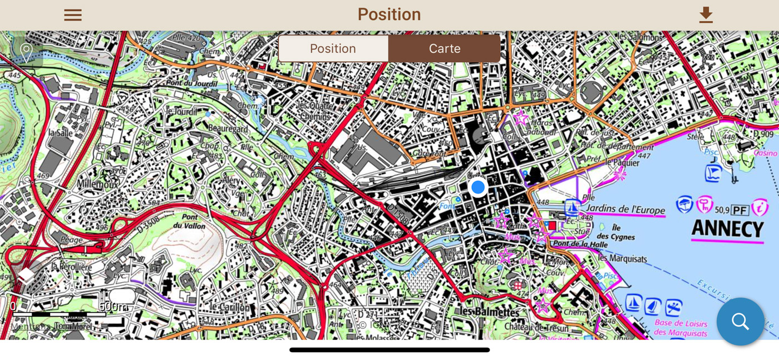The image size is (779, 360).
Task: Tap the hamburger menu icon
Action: pos(73,15)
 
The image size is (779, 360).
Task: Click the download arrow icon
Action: pos(706,15)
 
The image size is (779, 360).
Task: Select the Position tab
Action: pos(333,49)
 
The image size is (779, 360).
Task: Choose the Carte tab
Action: pos(445,49)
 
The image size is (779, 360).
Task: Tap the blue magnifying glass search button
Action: pos(740,321)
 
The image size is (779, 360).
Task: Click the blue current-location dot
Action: pos(477,188)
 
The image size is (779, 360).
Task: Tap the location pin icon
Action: pos(26,52)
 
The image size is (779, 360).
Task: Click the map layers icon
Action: pos(26,276)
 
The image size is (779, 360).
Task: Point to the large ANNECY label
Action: pos(727,229)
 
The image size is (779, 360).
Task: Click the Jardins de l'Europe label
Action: pos(625,210)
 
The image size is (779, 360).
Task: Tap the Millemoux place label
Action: pos(98,184)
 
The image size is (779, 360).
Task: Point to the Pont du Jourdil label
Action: pos(191,83)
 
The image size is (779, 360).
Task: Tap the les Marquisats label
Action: pos(622,258)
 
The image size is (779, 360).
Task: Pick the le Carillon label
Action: pos(230,307)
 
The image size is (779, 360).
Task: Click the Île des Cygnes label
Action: pos(615,232)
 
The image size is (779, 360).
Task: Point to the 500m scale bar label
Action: pos(113,307)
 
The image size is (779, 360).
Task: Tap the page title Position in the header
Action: pos(389,14)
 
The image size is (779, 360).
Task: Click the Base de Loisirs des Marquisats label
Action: pos(681,328)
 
